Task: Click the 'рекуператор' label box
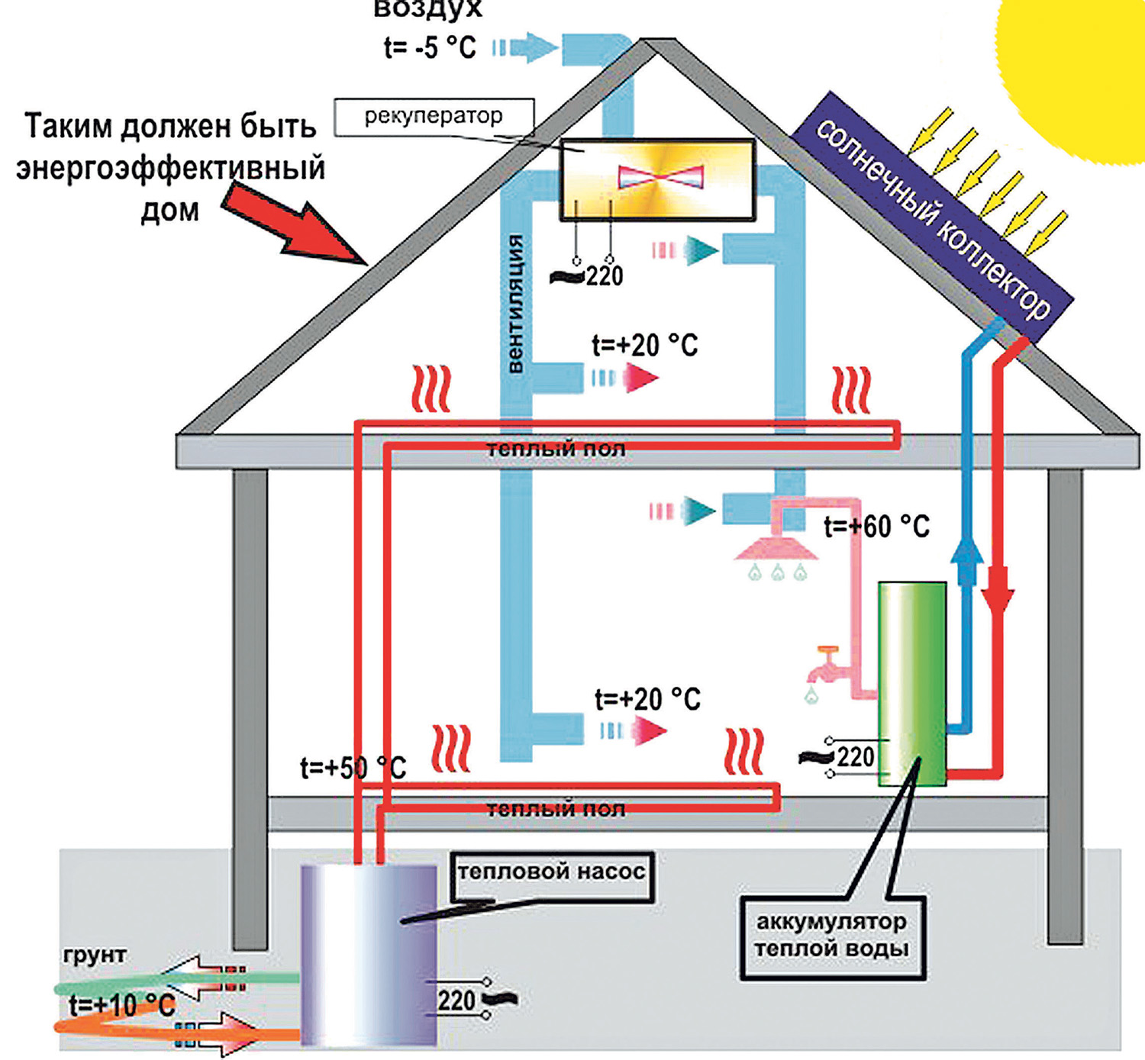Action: click(433, 117)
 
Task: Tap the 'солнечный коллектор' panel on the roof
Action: click(931, 206)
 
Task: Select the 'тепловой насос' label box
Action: click(551, 873)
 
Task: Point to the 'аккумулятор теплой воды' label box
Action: click(832, 936)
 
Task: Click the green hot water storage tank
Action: click(912, 683)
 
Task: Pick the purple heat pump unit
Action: click(369, 954)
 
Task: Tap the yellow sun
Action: click(1084, 69)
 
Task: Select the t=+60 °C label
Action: click(876, 527)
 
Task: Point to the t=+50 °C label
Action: click(353, 768)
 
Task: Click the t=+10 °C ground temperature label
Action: click(122, 1005)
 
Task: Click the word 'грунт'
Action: click(95, 955)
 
